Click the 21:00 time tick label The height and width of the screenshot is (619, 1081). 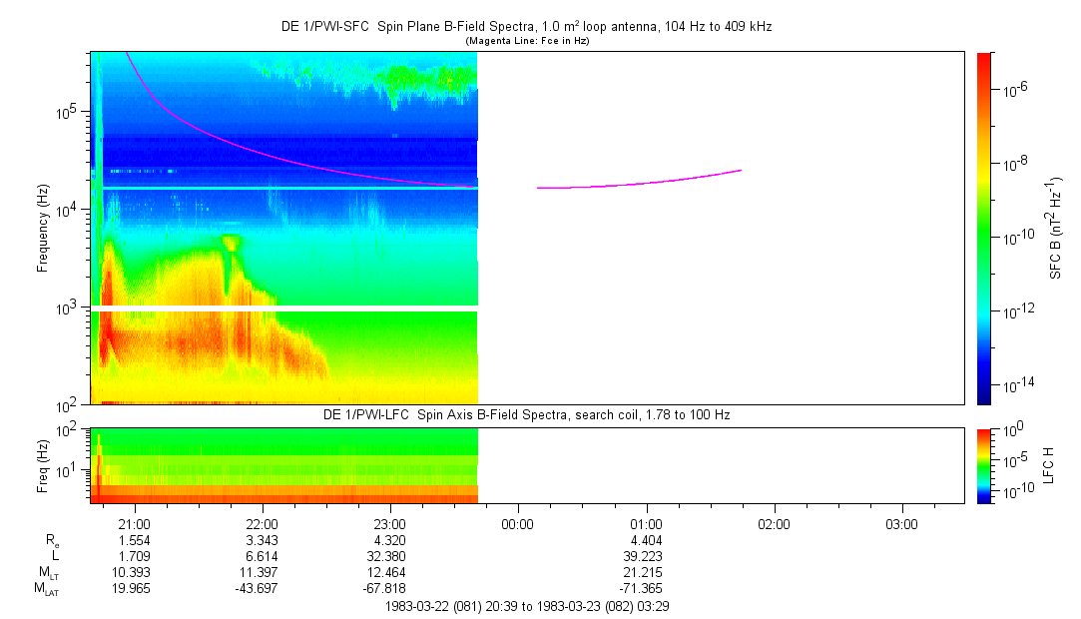pos(134,523)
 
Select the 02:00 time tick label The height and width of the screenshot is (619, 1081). pos(774,523)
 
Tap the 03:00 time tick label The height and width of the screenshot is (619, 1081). pos(901,523)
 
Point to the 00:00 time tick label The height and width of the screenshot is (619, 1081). pos(517,523)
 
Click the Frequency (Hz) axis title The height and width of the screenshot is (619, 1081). pos(43,228)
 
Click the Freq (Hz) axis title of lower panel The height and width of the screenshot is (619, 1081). pos(43,465)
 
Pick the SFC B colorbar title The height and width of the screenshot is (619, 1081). pos(1054,229)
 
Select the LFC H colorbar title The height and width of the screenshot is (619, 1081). pos(1049,465)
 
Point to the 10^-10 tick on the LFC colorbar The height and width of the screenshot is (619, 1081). pos(1010,492)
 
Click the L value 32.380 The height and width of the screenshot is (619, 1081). pos(389,556)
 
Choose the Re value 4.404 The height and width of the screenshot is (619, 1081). pos(646,540)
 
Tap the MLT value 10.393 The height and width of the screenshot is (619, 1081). pos(134,572)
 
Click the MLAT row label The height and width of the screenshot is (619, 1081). pos(46,588)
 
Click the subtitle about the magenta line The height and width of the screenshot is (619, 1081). pos(526,41)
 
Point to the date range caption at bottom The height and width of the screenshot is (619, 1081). pos(526,606)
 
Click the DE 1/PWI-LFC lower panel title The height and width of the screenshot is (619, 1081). pos(526,414)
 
